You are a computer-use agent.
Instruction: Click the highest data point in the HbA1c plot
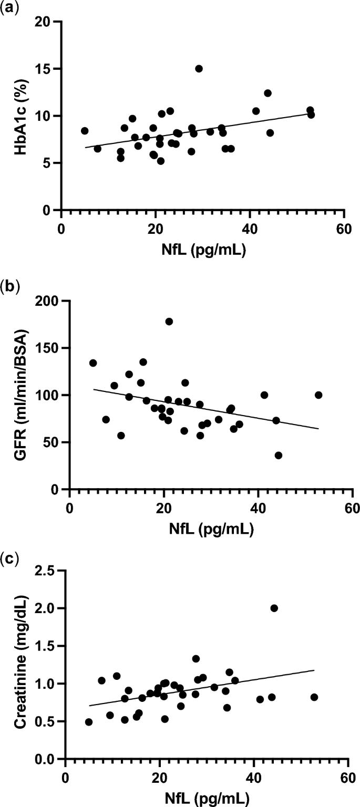point(199,69)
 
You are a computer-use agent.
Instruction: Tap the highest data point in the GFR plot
point(169,322)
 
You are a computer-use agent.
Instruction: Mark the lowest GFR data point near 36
point(279,456)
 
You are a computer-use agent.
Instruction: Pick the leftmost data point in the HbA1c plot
point(85,131)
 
